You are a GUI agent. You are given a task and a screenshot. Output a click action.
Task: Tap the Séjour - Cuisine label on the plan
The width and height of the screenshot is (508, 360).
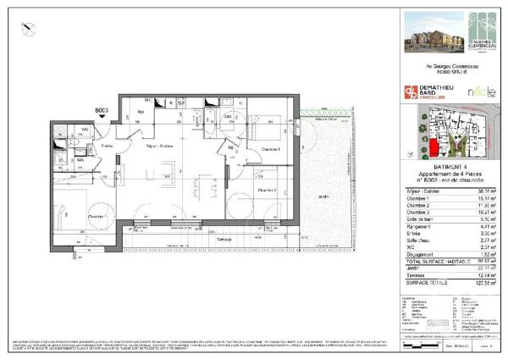point(159,147)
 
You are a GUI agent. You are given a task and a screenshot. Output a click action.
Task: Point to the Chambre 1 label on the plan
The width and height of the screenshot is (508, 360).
point(97,218)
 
